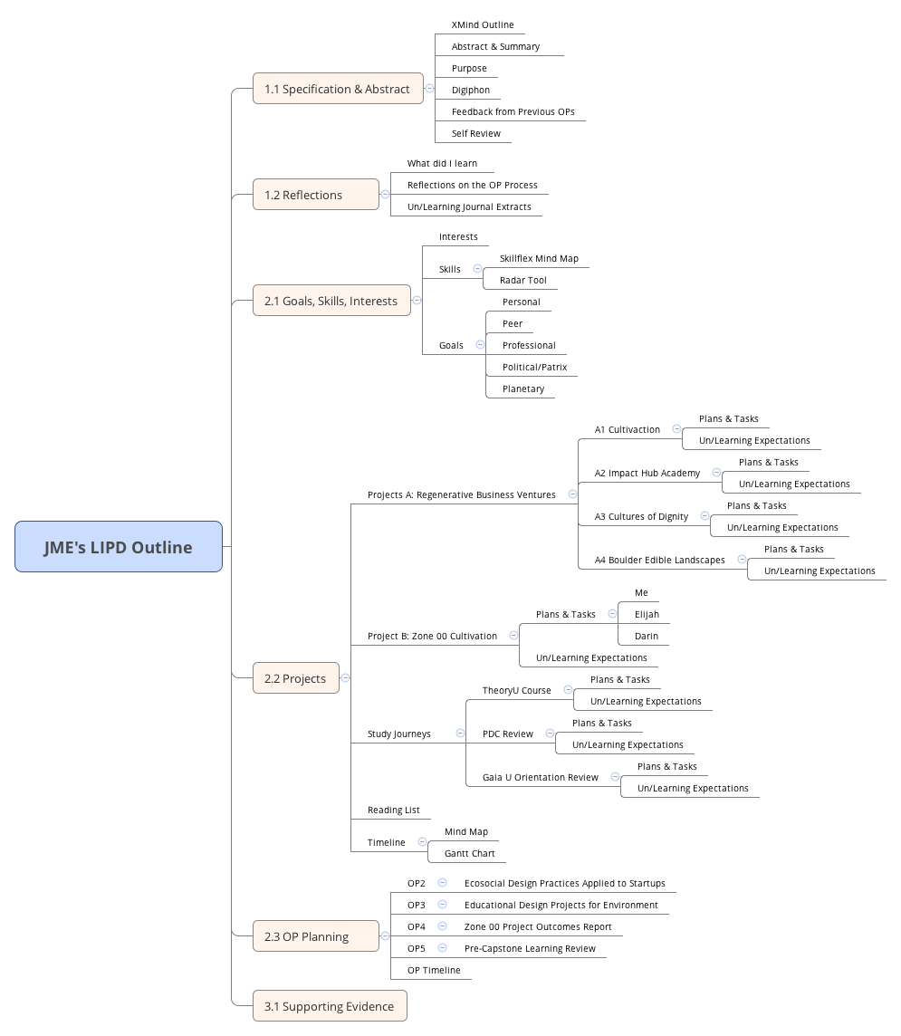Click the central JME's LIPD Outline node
[x=119, y=547]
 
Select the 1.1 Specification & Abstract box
[x=337, y=89]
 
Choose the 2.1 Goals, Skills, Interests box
[x=331, y=301]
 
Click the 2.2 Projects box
[x=295, y=678]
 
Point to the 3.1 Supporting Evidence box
[x=329, y=1006]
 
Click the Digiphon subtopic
[x=471, y=91]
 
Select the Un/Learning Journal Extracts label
[x=469, y=206]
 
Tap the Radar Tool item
[x=522, y=280]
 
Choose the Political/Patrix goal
[x=534, y=367]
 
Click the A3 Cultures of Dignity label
[x=641, y=516]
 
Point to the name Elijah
[x=647, y=614]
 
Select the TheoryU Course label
[x=516, y=690]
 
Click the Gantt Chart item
[x=469, y=853]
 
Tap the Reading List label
[x=393, y=810]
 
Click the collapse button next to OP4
[x=442, y=926]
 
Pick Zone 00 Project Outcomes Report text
[x=538, y=926]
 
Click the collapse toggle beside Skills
[x=477, y=269]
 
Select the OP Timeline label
[x=434, y=970]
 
